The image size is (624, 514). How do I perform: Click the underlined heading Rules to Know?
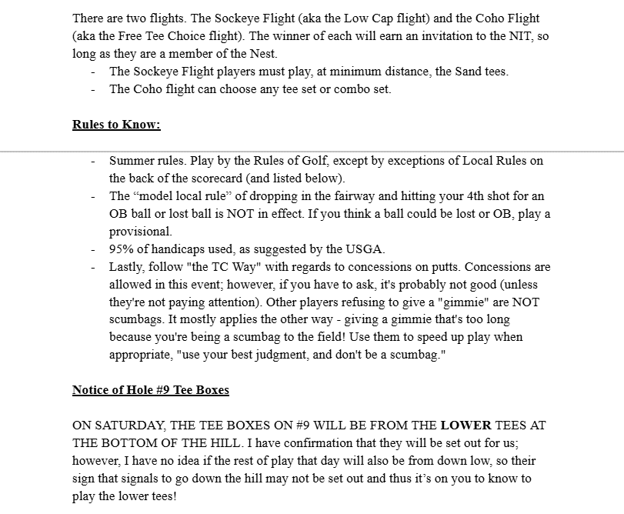click(116, 125)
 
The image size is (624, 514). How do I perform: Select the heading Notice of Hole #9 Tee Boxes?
click(150, 390)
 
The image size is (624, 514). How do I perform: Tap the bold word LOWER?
click(465, 426)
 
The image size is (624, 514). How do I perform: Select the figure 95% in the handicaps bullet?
click(124, 249)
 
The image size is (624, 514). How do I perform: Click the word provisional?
click(141, 232)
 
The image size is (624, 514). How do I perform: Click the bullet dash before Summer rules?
click(93, 161)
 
